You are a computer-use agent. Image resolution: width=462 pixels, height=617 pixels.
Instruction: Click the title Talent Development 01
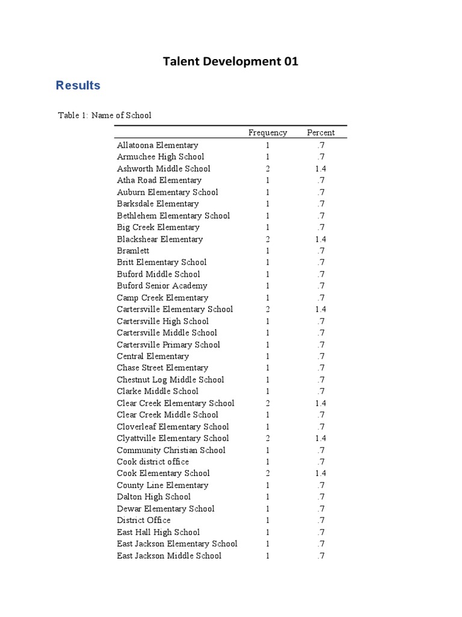pyautogui.click(x=230, y=61)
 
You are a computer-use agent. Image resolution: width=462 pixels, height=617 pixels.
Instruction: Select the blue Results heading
pyautogui.click(x=78, y=86)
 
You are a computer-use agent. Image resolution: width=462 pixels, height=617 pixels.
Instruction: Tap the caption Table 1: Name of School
pyautogui.click(x=105, y=115)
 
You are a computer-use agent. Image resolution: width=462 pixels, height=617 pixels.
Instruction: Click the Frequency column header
pyautogui.click(x=268, y=133)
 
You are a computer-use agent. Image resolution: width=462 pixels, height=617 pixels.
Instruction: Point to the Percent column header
pyautogui.click(x=321, y=133)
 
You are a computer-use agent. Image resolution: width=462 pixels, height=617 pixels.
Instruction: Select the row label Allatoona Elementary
pyautogui.click(x=158, y=145)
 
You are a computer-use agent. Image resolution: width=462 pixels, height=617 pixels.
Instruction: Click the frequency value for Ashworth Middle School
pyautogui.click(x=268, y=169)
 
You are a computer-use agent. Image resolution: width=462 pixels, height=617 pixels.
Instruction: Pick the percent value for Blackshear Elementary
pyautogui.click(x=321, y=239)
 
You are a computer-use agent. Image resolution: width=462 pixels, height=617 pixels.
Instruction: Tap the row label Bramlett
pyautogui.click(x=133, y=251)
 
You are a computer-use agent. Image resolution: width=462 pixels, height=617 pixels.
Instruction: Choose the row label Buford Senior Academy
pyautogui.click(x=162, y=286)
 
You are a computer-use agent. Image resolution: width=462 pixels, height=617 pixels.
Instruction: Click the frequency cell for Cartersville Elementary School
pyautogui.click(x=268, y=309)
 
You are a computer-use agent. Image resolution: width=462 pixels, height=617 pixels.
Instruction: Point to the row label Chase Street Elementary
pyautogui.click(x=162, y=368)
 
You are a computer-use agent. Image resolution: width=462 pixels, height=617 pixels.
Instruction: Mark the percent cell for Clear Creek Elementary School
pyautogui.click(x=321, y=403)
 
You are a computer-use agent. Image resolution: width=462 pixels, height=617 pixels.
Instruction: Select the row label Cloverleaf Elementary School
pyautogui.click(x=173, y=427)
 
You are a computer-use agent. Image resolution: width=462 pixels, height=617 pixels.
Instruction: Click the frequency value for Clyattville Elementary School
pyautogui.click(x=268, y=438)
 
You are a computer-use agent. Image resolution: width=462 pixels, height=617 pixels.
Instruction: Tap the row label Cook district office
pyautogui.click(x=153, y=462)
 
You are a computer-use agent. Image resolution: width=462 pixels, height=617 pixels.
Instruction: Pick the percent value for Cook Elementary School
pyautogui.click(x=321, y=473)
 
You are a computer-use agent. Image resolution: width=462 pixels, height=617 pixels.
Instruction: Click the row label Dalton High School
pyautogui.click(x=153, y=496)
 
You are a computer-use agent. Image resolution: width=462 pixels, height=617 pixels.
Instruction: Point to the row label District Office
pyautogui.click(x=144, y=520)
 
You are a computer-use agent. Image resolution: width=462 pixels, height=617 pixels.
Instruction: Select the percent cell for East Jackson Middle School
pyautogui.click(x=321, y=556)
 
